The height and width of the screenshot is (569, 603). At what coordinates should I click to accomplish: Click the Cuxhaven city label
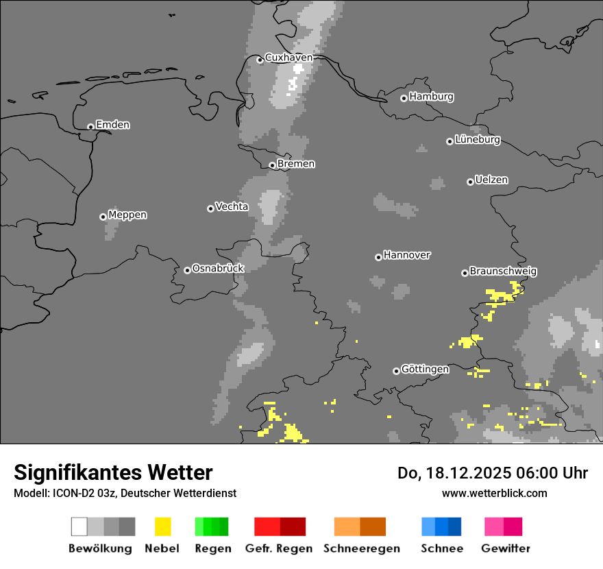tap(288, 58)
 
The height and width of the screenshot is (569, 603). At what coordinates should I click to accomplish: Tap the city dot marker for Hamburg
tap(404, 98)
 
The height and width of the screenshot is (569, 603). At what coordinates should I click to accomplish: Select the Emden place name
tap(112, 125)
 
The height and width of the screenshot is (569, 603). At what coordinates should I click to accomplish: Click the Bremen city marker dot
tap(272, 165)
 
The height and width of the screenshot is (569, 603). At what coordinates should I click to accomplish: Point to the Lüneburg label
tap(478, 140)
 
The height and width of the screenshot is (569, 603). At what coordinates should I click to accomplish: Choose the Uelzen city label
tap(491, 180)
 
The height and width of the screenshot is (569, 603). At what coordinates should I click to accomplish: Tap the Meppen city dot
tap(103, 217)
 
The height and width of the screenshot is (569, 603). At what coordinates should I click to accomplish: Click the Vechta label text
tap(232, 206)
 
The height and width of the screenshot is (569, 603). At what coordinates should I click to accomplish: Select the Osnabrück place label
tap(218, 269)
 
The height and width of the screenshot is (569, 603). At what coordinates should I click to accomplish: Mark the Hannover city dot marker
tap(378, 257)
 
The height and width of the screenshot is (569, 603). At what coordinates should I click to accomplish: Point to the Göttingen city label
tap(425, 370)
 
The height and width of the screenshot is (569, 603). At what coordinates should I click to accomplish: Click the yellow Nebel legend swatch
tap(162, 526)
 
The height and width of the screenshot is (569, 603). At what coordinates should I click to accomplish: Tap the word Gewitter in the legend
tap(505, 548)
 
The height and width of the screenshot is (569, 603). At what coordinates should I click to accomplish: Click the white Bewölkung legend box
tap(79, 526)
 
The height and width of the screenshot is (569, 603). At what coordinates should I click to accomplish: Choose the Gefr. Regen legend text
tap(279, 548)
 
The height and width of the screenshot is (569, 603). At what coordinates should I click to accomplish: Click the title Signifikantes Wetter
tap(113, 472)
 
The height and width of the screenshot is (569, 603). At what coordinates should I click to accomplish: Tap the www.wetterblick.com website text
tap(494, 493)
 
